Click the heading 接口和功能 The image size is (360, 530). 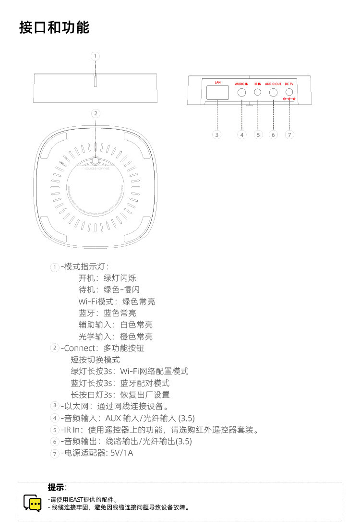(54, 27)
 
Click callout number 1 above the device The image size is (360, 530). (96, 56)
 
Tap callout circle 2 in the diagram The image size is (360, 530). (96, 113)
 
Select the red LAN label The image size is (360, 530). (217, 83)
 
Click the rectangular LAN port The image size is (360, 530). (217, 93)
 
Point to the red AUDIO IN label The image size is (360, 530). (241, 84)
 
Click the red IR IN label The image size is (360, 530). (258, 84)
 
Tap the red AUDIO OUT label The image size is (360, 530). (273, 84)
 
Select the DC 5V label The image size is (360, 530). (289, 84)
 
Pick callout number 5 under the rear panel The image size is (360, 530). (258, 135)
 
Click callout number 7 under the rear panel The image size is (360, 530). (289, 135)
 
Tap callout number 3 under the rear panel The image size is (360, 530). (217, 135)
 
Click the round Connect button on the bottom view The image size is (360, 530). (96, 161)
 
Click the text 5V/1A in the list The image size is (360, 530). (122, 453)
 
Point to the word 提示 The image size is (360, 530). (56, 487)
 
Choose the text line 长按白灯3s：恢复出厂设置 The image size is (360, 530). (120, 395)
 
